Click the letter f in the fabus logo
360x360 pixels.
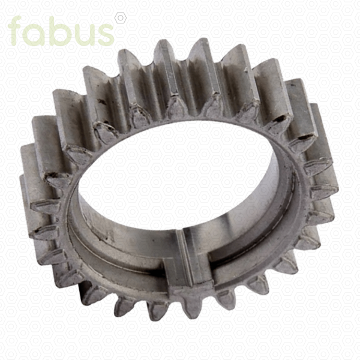(16, 31)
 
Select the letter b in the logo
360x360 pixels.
(61, 31)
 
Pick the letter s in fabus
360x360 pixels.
(105, 35)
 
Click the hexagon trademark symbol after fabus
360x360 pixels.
(121, 18)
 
